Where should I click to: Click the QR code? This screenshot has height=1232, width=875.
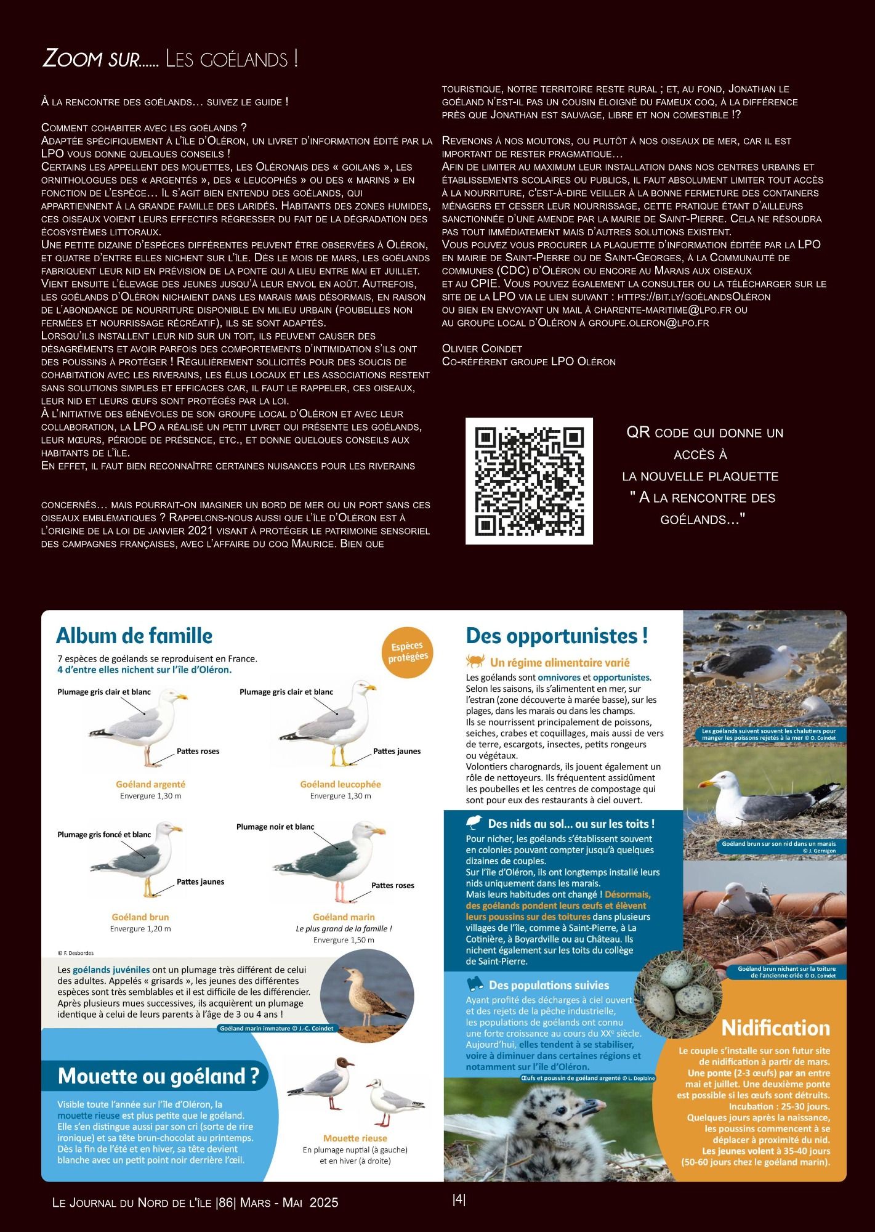(529, 480)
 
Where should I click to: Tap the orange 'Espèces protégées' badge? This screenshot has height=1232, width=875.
(408, 652)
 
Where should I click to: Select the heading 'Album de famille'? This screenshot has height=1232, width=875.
(134, 636)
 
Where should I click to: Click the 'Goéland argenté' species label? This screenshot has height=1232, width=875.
(150, 784)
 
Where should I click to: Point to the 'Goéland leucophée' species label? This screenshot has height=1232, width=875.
(341, 784)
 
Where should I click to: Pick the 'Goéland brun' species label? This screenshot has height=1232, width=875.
(140, 917)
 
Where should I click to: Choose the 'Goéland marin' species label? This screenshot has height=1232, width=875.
(344, 917)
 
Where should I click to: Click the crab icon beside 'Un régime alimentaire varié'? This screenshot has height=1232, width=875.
(475, 662)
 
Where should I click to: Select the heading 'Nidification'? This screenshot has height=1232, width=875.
(775, 1027)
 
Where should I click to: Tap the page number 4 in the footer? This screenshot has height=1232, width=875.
(459, 1199)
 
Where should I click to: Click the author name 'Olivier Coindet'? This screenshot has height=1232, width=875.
(482, 349)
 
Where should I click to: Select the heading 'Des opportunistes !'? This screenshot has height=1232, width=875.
(557, 636)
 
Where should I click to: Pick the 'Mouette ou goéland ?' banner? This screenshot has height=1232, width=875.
(158, 1076)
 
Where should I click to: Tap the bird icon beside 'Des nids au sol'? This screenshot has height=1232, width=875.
(474, 823)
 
